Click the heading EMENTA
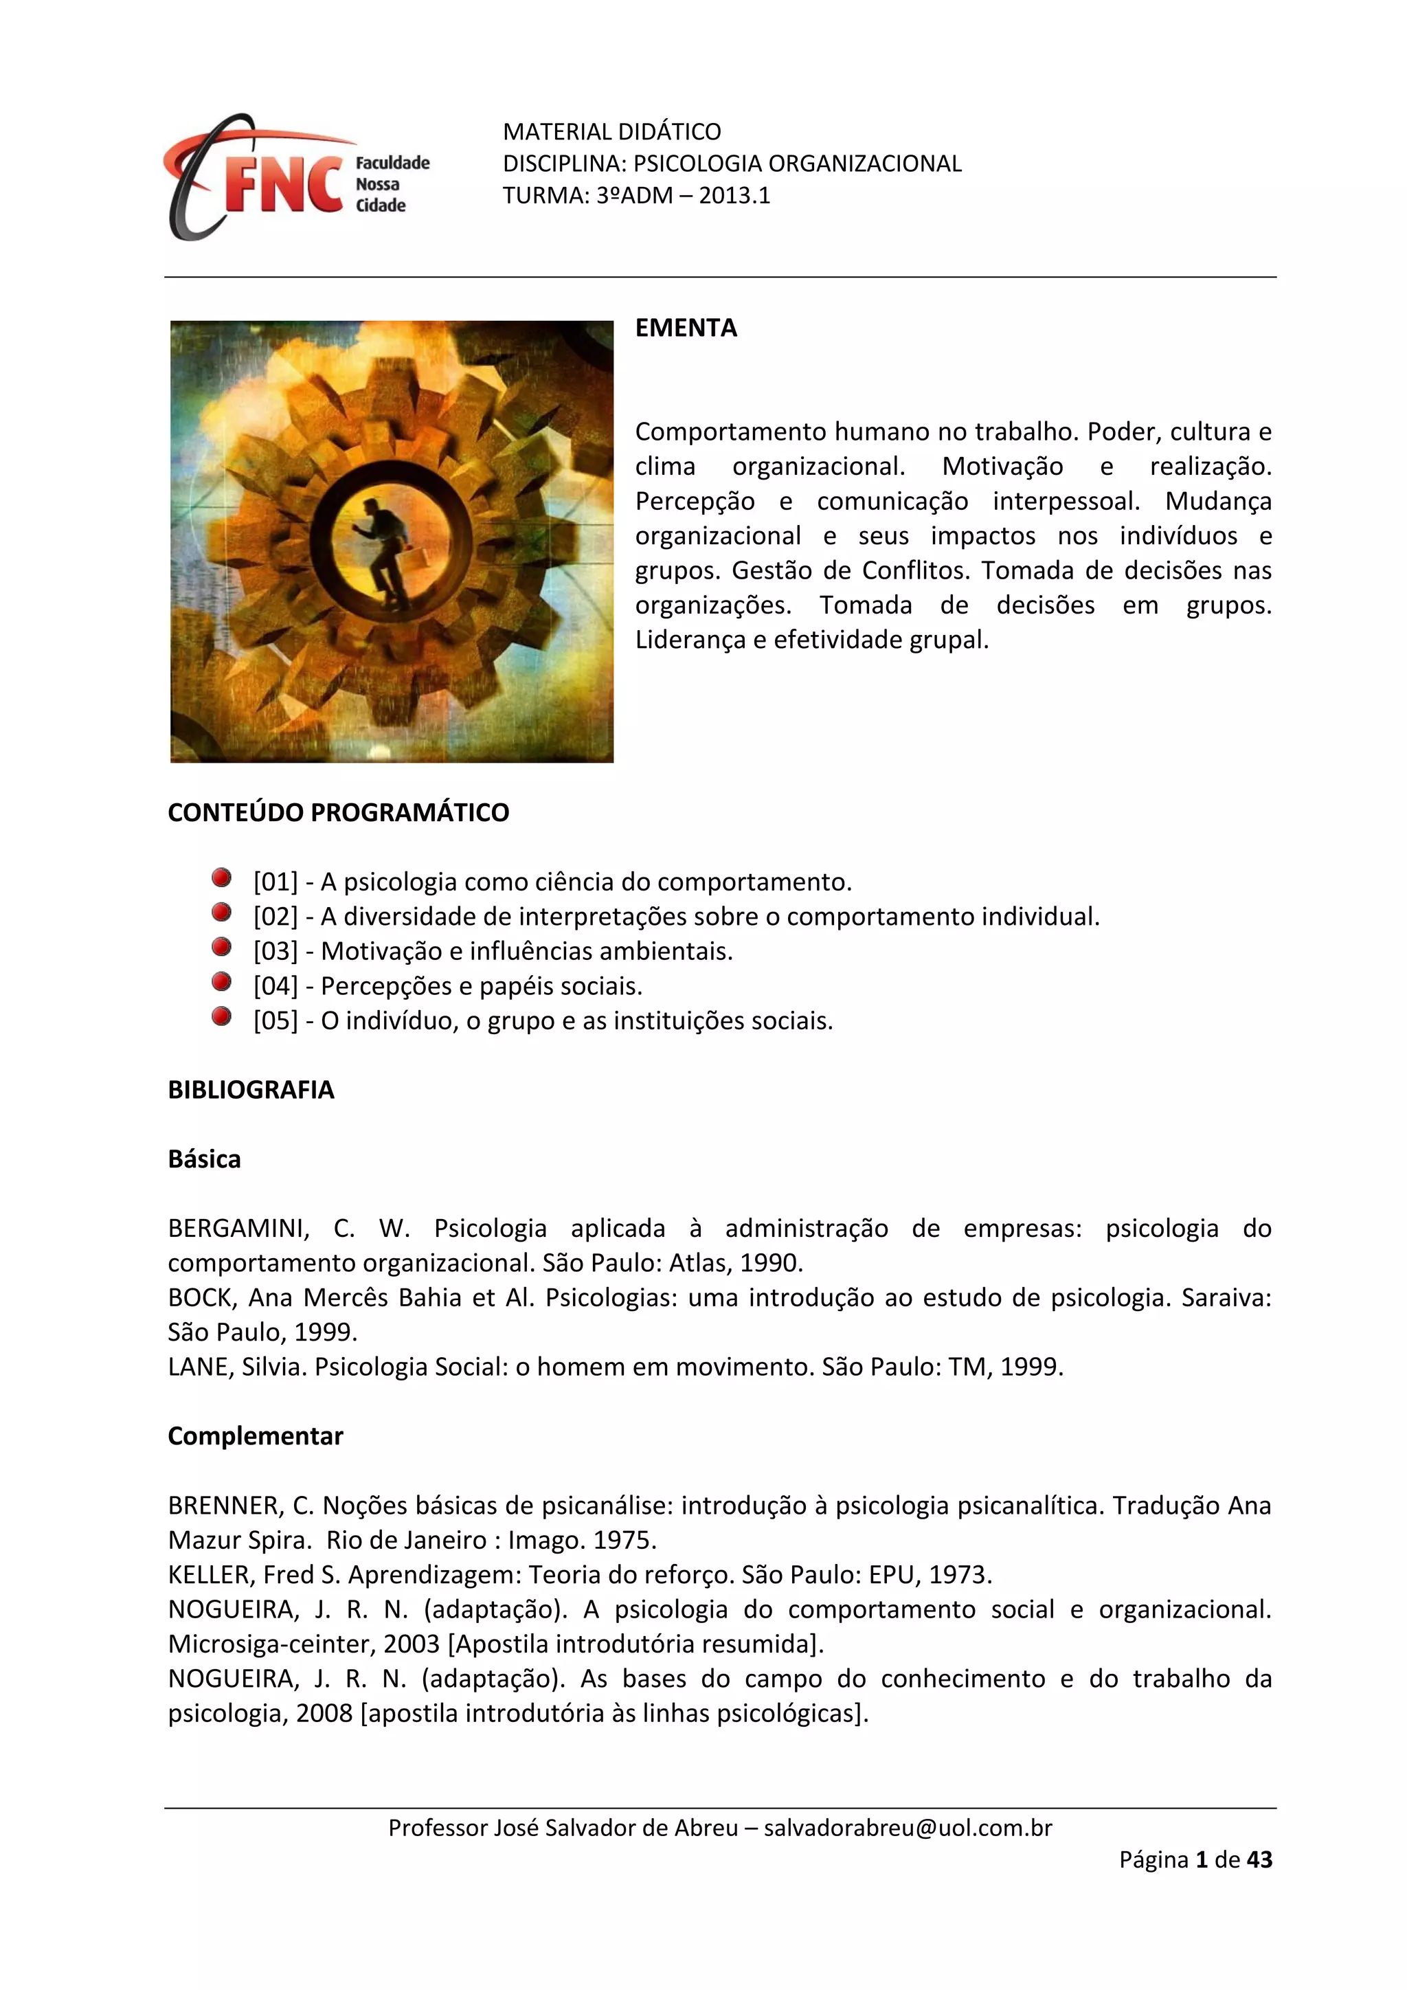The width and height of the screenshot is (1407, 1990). pos(686,328)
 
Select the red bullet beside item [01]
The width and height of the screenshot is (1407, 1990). pos(222,878)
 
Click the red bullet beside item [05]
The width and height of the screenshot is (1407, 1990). pos(222,1017)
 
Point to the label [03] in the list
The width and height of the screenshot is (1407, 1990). pos(275,952)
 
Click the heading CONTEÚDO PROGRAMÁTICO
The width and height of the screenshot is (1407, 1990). pos(338,812)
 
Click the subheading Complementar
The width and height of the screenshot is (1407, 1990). pos(256,1436)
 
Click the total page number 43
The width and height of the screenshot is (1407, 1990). pos(1259,1860)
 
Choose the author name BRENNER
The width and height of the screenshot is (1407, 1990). pos(225,1506)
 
